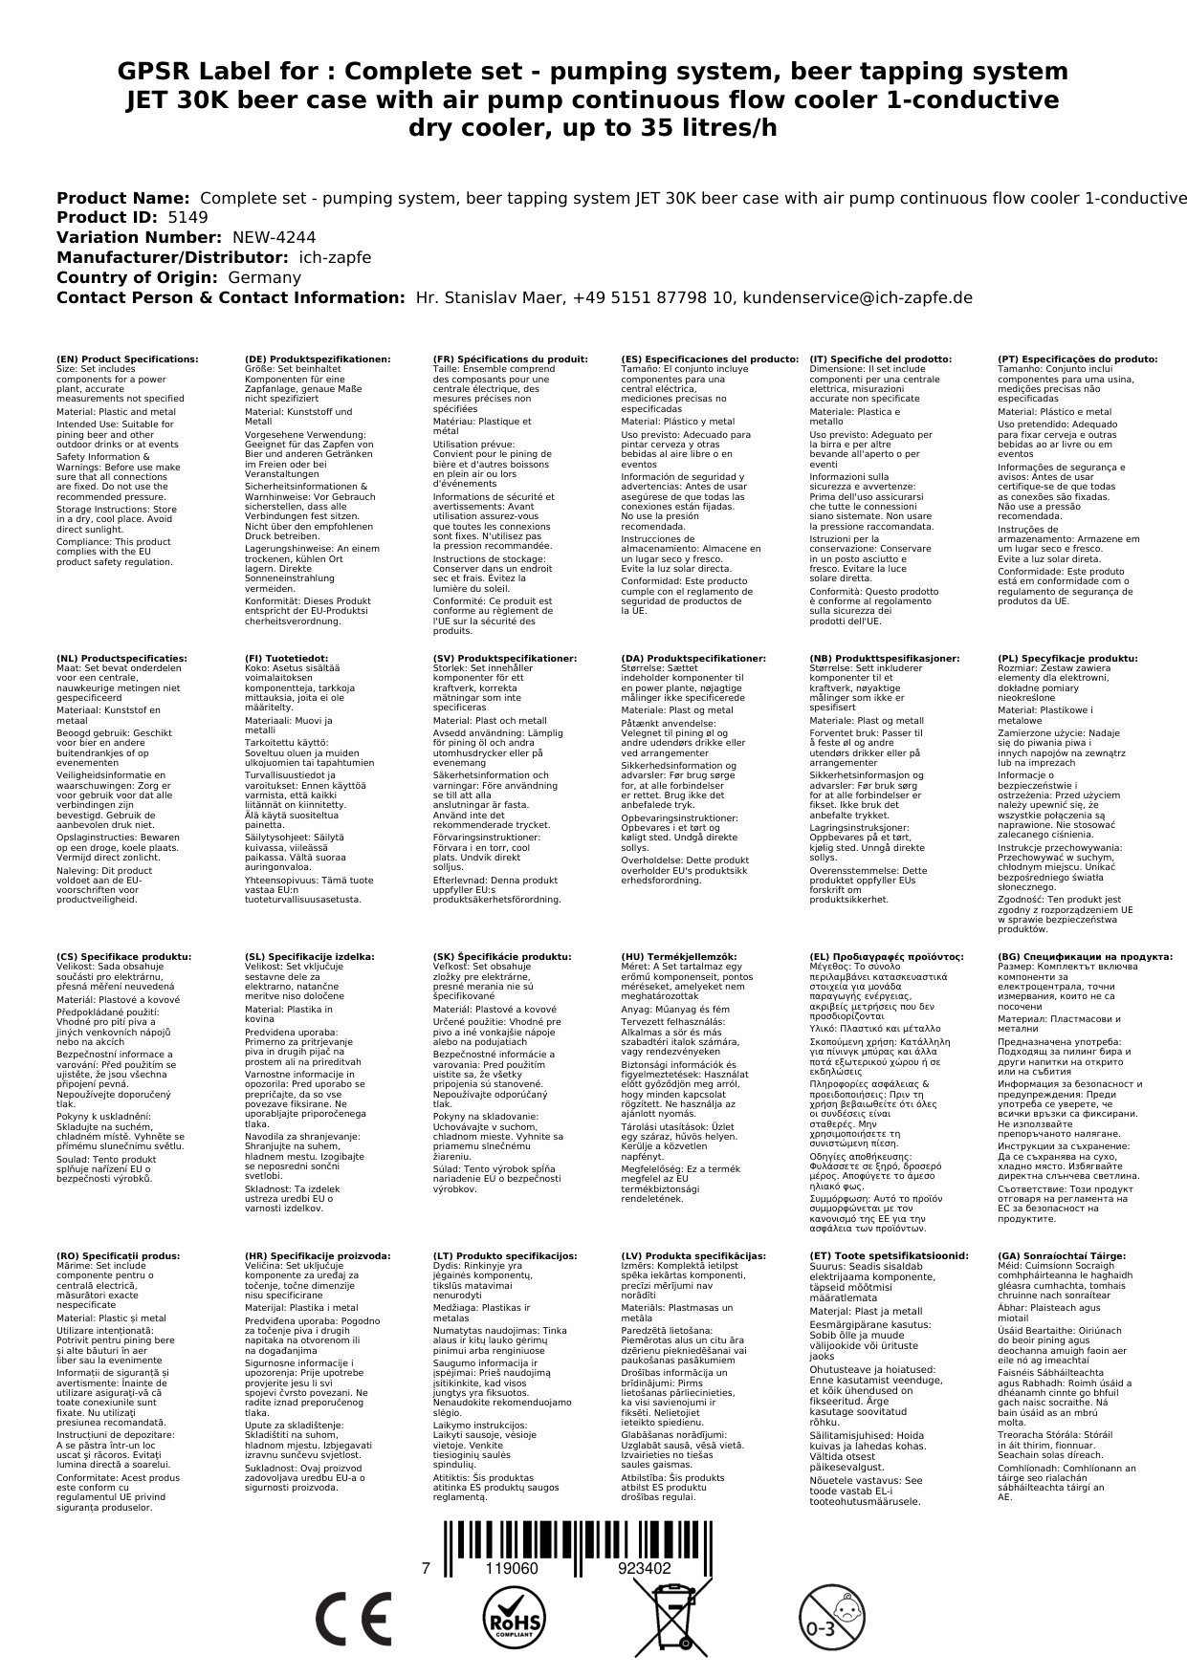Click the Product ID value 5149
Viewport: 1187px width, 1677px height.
pos(187,217)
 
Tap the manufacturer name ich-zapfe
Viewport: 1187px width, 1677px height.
pos(334,257)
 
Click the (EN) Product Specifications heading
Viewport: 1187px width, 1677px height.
pos(127,359)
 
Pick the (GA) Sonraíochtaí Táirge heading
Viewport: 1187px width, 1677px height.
pos(1061,1255)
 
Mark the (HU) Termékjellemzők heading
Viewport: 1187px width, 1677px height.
pos(679,956)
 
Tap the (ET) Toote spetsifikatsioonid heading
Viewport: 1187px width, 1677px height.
pos(889,1255)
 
